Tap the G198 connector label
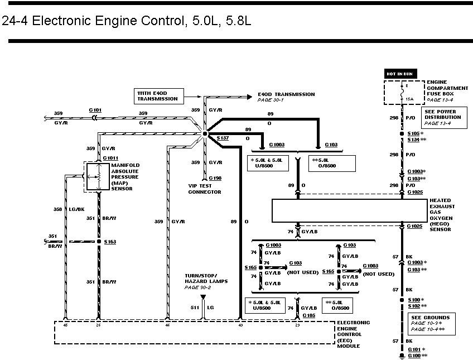[x=215, y=177]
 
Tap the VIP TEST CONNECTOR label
[x=205, y=189]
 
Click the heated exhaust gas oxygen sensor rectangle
[x=347, y=211]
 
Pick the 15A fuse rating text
[x=409, y=99]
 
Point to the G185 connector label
[x=308, y=316]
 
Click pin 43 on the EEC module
[x=240, y=325]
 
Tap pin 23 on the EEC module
[x=296, y=325]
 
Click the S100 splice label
[x=414, y=300]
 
